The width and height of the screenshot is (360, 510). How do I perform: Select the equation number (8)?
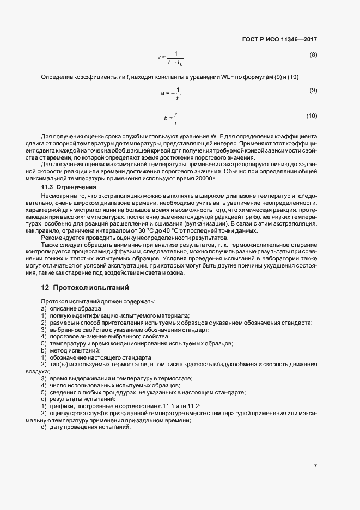(x=313, y=55)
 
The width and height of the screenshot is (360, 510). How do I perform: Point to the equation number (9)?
(x=313, y=90)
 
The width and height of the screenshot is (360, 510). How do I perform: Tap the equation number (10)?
(x=312, y=116)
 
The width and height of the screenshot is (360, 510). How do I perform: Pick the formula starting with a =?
(x=171, y=94)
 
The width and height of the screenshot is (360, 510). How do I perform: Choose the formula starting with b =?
(x=171, y=118)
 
